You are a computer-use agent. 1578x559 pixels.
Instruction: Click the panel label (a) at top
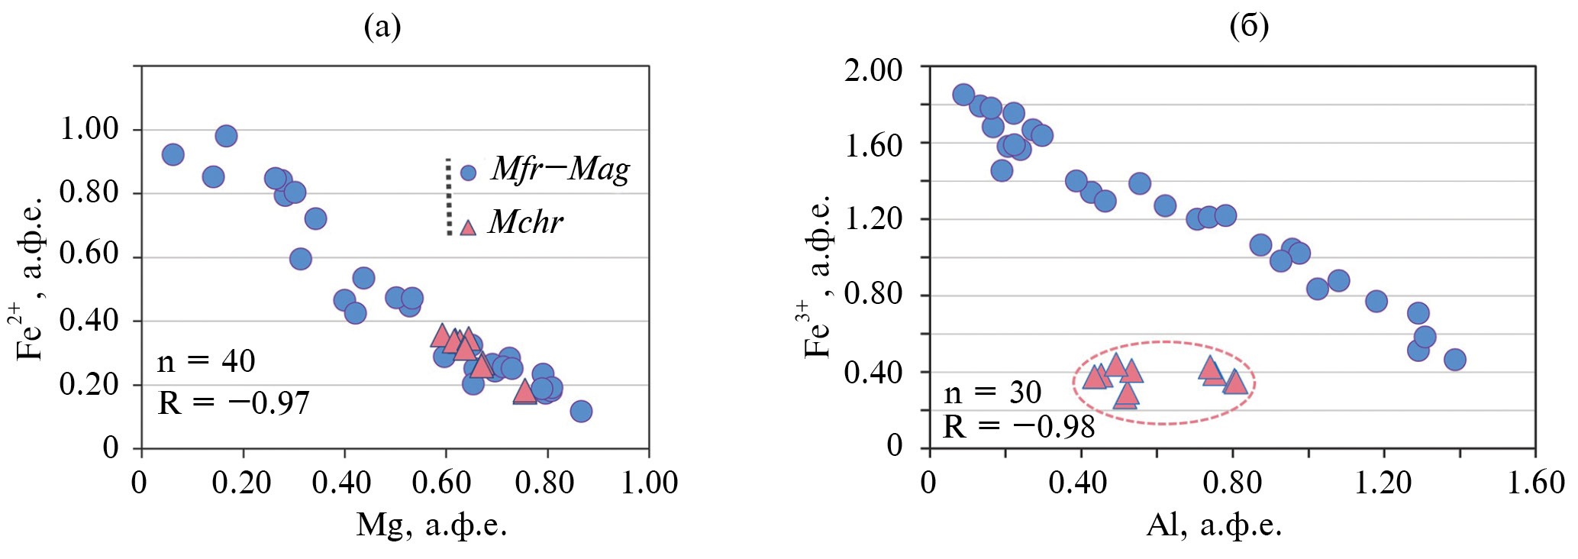pyautogui.click(x=382, y=27)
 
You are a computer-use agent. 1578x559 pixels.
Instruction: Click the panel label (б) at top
pyautogui.click(x=1249, y=27)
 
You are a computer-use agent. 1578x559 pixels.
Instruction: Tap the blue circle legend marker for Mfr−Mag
pyautogui.click(x=469, y=173)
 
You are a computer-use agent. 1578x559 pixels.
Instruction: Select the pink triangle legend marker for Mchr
pyautogui.click(x=468, y=227)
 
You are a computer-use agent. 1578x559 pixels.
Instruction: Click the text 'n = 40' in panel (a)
pyautogui.click(x=206, y=361)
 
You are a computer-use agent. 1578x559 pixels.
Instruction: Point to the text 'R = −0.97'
pyautogui.click(x=234, y=402)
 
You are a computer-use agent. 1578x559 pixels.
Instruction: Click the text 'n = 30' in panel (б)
pyautogui.click(x=992, y=393)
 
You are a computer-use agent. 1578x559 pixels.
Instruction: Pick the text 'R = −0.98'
pyautogui.click(x=1019, y=427)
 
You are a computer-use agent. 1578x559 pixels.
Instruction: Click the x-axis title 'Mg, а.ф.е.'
pyautogui.click(x=431, y=525)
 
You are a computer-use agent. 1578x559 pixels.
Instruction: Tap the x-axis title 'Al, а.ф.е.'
pyautogui.click(x=1213, y=525)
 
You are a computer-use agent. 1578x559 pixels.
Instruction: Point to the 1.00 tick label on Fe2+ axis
pyautogui.click(x=89, y=128)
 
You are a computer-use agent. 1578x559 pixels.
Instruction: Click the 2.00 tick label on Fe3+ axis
pyautogui.click(x=873, y=70)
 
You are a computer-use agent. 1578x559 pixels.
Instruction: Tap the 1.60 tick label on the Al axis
pyautogui.click(x=1535, y=483)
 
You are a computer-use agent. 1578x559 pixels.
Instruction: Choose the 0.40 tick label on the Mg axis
pyautogui.click(x=343, y=483)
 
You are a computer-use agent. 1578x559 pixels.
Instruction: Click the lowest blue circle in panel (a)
pyautogui.click(x=581, y=411)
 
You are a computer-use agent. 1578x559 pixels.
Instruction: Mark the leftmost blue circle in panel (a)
pyautogui.click(x=173, y=154)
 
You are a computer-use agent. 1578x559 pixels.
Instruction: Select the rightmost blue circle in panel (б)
pyautogui.click(x=1455, y=360)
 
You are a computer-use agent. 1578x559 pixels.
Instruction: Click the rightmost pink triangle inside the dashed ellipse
pyautogui.click(x=1235, y=382)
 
